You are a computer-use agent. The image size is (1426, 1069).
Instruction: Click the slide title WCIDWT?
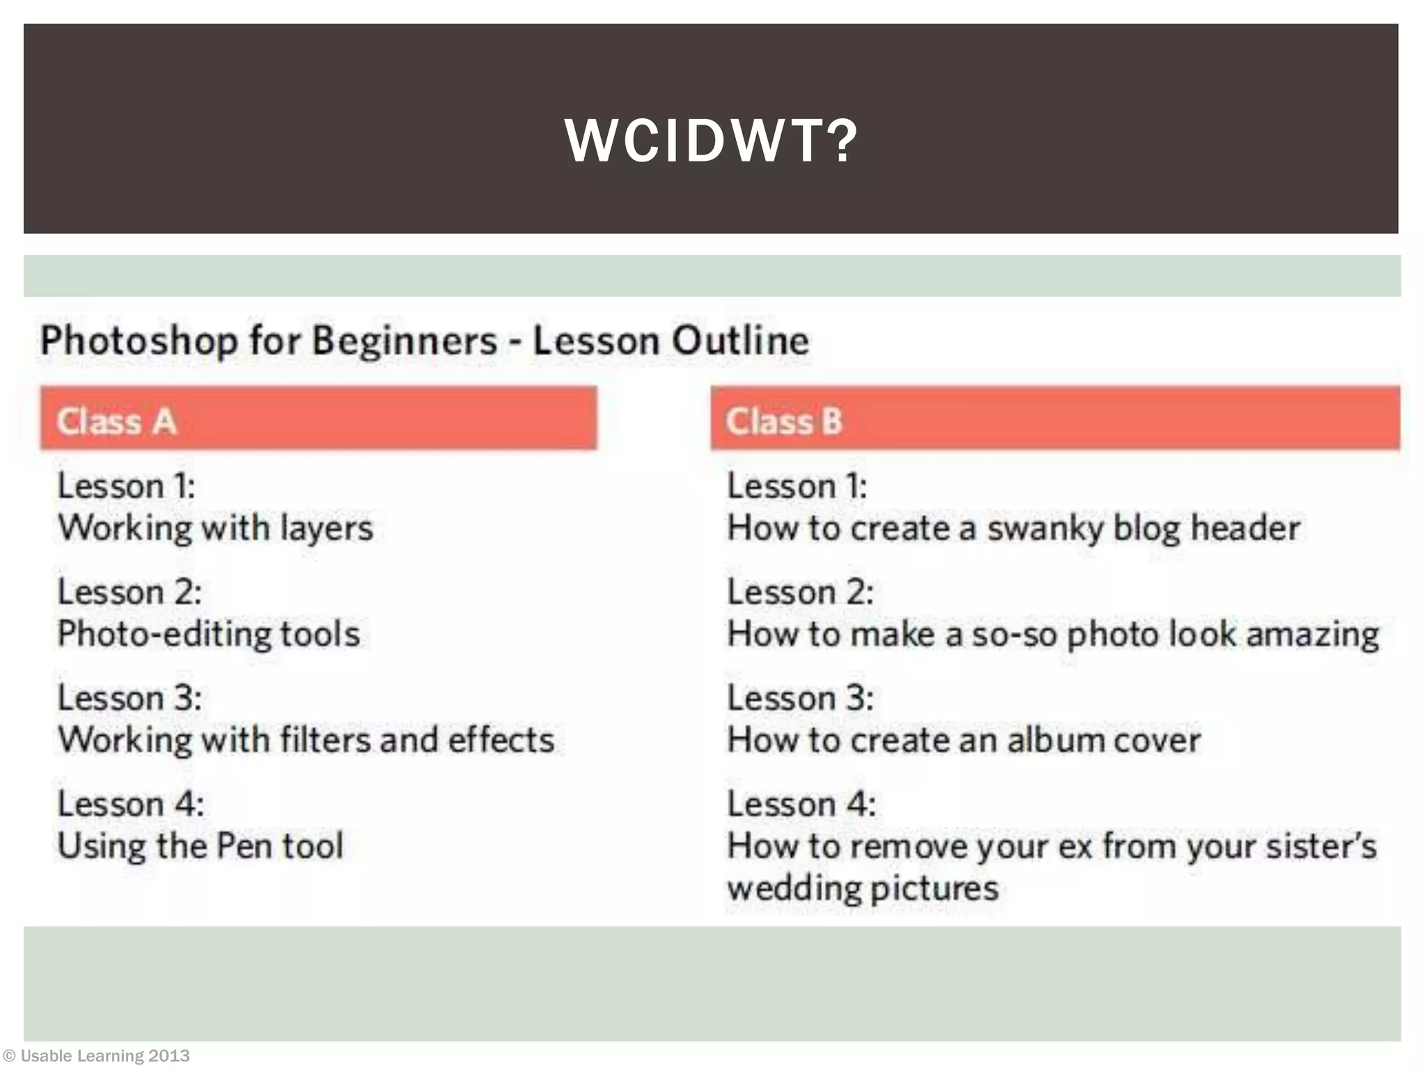[711, 141]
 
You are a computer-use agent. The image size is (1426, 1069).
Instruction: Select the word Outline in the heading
[741, 341]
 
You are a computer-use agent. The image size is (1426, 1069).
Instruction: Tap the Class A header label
[116, 422]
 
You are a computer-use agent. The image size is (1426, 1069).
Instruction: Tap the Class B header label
[784, 422]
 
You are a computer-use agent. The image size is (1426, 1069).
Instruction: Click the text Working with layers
[216, 528]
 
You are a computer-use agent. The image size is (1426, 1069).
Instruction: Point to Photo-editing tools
[209, 634]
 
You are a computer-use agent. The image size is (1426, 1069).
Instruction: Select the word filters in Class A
[325, 740]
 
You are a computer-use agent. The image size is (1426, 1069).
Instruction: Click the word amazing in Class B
[1312, 635]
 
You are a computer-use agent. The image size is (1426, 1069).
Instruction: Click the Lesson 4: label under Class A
[131, 805]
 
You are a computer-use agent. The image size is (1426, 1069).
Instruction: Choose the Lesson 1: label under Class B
[798, 486]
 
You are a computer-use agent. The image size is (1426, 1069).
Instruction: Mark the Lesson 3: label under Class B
[801, 698]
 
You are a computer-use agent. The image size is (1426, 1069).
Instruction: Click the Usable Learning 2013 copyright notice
[97, 1056]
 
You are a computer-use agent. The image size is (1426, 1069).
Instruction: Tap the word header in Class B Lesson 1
[1245, 528]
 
